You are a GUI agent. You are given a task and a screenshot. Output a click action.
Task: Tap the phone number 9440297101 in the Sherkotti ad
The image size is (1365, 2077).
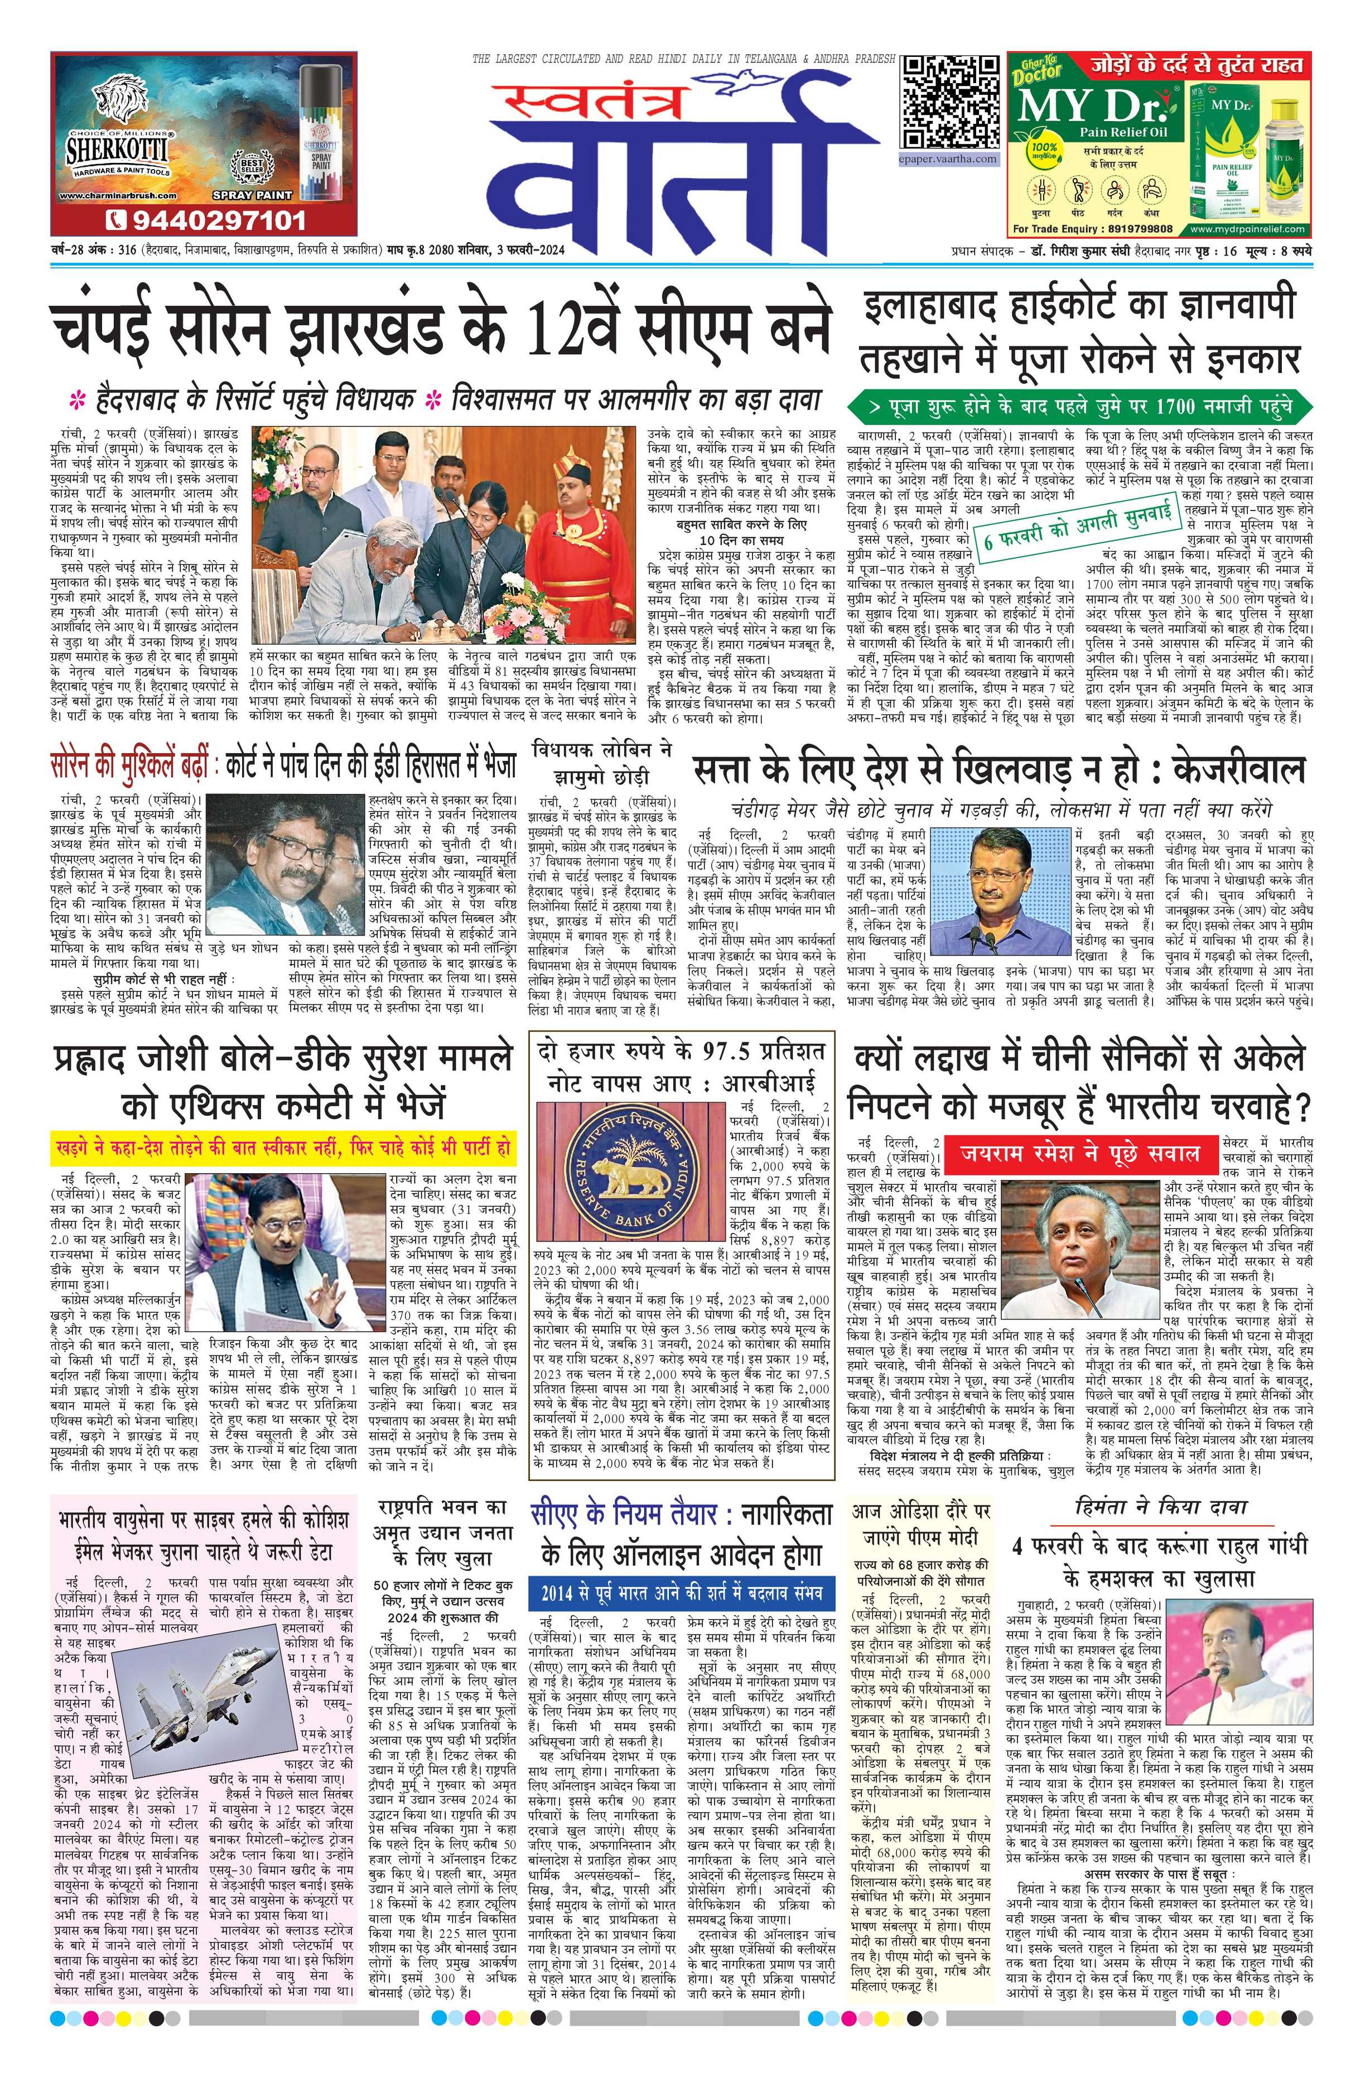tap(207, 218)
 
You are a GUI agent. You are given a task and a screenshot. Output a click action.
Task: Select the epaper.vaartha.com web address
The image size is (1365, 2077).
tap(949, 159)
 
